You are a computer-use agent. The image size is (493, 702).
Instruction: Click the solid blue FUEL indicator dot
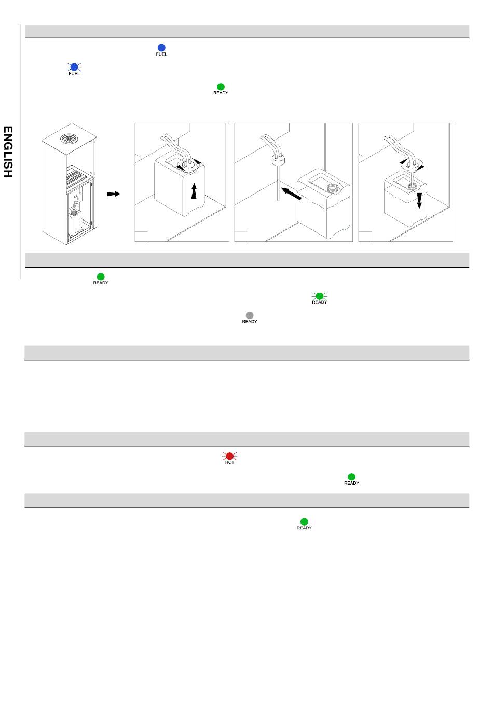[161, 48]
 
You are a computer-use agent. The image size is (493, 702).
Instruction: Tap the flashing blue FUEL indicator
[74, 67]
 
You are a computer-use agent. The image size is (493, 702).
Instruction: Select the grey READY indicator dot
[250, 315]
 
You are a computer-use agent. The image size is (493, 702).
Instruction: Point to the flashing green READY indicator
[319, 296]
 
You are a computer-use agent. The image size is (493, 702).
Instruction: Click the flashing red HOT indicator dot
[229, 456]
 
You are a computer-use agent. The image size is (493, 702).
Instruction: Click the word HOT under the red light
[229, 462]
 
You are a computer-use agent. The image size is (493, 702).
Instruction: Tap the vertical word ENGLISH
[8, 152]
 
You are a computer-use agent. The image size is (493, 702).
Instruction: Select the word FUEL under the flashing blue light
[74, 74]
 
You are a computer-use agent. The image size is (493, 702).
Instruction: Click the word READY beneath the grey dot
[250, 322]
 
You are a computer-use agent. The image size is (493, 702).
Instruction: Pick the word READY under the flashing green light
[319, 302]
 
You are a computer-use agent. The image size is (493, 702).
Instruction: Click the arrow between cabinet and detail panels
[114, 194]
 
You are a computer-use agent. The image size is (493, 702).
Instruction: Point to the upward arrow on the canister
[194, 191]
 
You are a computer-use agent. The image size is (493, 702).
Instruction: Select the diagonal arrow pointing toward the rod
[291, 194]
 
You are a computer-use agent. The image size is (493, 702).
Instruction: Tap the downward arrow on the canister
[419, 201]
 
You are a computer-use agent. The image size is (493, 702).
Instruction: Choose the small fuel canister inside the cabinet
[75, 223]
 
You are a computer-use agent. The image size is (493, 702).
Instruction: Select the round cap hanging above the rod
[278, 160]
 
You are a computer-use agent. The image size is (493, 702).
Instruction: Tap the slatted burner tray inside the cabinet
[77, 177]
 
